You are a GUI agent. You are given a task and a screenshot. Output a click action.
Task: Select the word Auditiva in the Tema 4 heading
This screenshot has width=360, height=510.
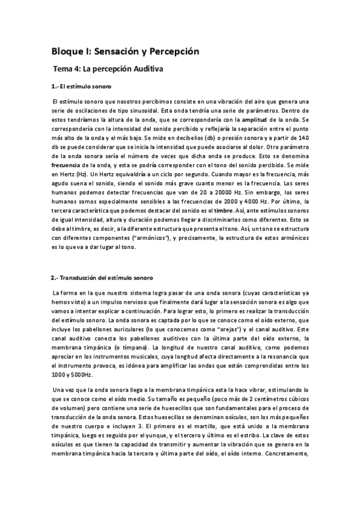point(143,69)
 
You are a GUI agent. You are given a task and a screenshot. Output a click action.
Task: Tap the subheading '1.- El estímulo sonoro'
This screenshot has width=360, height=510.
point(82,87)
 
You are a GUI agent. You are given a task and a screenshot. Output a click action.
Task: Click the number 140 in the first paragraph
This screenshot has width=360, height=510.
point(301,138)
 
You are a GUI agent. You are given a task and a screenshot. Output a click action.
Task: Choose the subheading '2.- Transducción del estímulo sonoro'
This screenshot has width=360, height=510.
point(102,277)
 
